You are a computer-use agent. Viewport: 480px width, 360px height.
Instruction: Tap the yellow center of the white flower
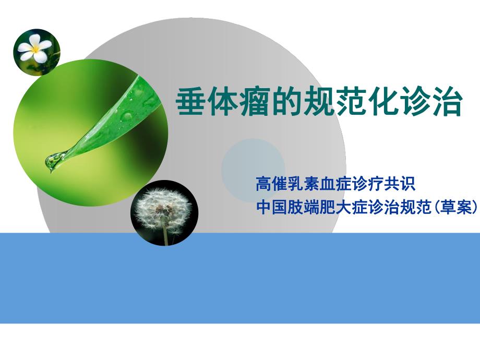37,51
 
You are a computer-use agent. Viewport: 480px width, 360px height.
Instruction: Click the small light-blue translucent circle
253,170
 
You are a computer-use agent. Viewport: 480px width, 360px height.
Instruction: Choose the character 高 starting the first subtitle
262,184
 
